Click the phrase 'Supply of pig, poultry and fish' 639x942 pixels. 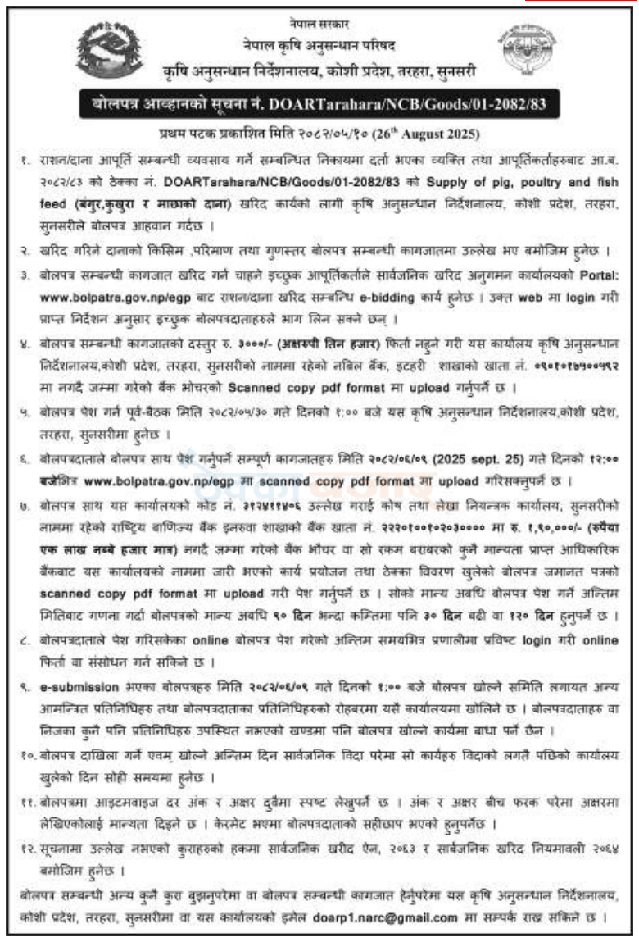pos(532,180)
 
